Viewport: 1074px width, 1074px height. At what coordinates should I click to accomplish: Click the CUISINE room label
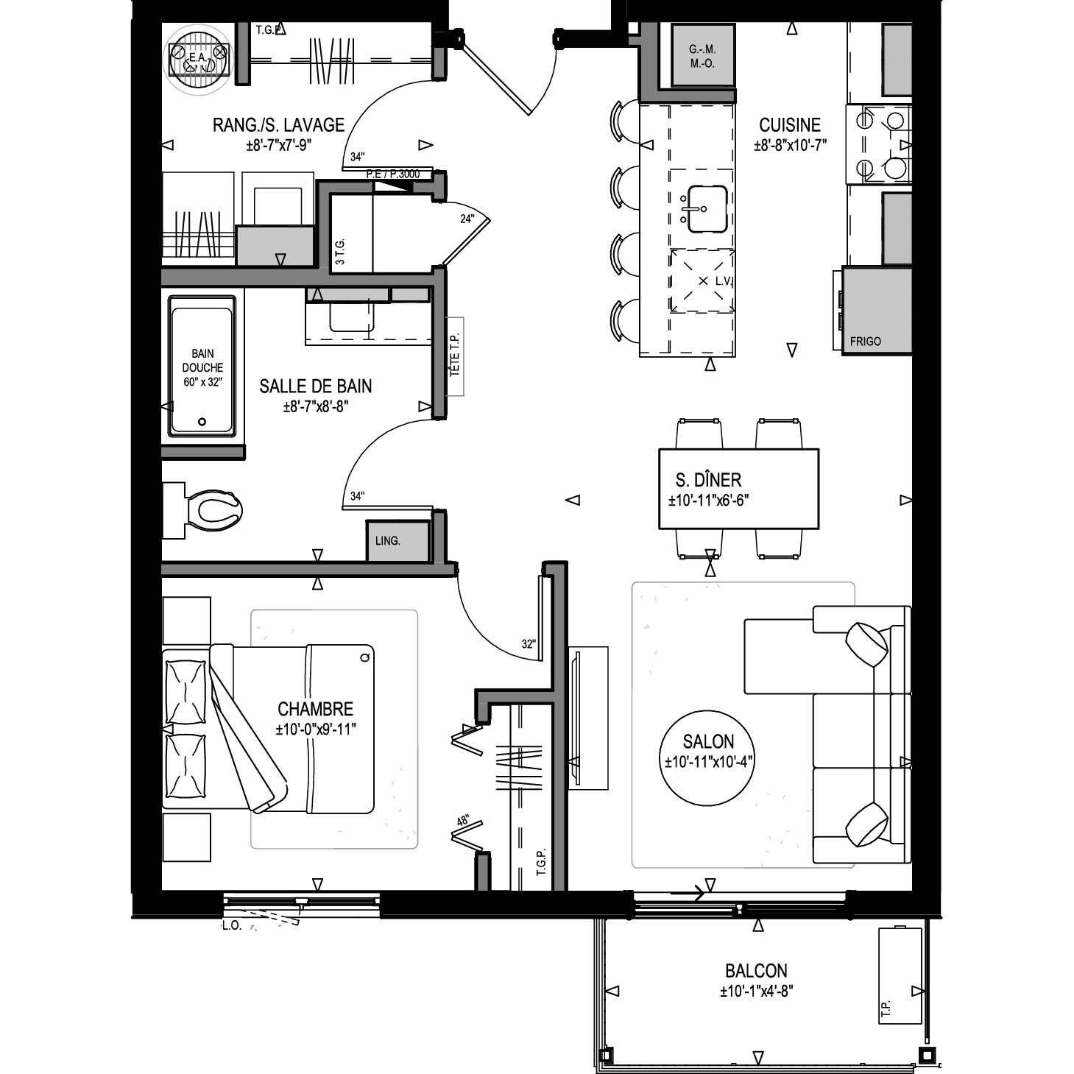click(789, 125)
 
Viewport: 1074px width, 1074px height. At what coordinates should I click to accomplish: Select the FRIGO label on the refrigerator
click(865, 341)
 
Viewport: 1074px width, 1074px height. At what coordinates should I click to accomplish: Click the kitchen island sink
click(707, 209)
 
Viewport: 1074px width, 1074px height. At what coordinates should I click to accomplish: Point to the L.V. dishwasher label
click(723, 281)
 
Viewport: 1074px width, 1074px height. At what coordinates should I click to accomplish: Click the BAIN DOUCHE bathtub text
click(202, 361)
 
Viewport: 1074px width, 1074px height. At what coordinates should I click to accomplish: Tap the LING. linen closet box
click(398, 540)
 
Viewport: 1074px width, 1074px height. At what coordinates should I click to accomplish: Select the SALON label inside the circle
click(708, 741)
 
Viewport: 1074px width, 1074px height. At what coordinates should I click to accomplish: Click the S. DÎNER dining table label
click(708, 480)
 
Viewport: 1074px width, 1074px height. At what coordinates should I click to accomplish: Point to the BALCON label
click(756, 971)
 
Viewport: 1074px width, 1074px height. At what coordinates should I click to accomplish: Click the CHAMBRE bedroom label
click(316, 709)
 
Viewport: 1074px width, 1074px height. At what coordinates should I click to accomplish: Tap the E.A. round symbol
click(199, 59)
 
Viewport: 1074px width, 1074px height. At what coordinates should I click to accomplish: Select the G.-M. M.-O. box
click(702, 56)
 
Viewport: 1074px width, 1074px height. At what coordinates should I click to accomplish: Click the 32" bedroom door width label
click(529, 644)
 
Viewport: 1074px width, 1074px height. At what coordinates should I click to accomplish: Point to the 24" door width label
click(467, 219)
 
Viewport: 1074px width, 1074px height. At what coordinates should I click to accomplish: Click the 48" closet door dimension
click(462, 821)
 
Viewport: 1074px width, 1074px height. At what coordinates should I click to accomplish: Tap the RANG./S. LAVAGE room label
click(279, 125)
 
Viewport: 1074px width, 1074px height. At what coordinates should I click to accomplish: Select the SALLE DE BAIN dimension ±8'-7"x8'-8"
click(316, 407)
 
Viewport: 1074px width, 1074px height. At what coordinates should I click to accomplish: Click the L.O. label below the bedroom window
click(231, 926)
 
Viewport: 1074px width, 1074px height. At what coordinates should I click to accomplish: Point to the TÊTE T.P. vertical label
click(455, 356)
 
